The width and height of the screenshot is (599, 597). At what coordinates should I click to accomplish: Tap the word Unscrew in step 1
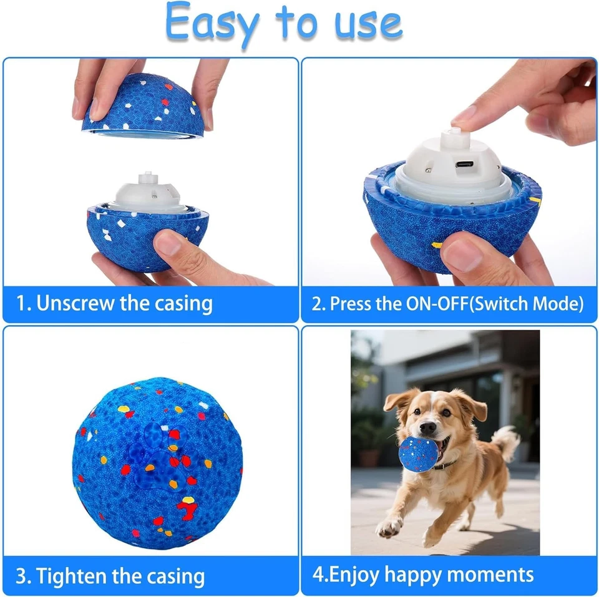75,304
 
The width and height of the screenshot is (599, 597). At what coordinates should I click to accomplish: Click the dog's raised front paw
389,527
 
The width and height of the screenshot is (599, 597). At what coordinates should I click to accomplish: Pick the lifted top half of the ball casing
144,106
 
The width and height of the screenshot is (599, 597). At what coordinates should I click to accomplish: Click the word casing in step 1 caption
182,304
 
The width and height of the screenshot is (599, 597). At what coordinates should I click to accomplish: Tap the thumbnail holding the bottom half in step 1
167,242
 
